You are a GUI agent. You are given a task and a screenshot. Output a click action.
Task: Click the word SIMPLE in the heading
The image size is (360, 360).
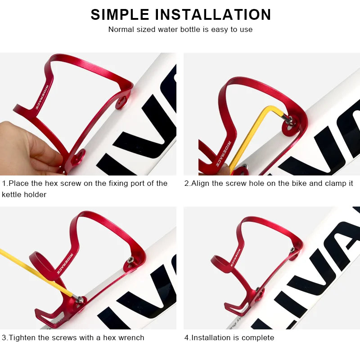pyautogui.click(x=120, y=14)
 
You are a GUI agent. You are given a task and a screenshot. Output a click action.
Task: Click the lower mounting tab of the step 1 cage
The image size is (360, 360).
pyautogui.click(x=79, y=157)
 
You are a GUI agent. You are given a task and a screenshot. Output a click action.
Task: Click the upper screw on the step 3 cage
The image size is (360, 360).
pyautogui.click(x=130, y=260)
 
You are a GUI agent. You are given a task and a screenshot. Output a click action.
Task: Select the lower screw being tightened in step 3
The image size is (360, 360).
pyautogui.click(x=79, y=299)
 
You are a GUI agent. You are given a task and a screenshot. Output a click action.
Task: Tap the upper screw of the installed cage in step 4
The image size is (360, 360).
pyautogui.click(x=292, y=249)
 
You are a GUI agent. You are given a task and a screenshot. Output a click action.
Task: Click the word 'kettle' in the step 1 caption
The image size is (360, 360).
pyautogui.click(x=13, y=194)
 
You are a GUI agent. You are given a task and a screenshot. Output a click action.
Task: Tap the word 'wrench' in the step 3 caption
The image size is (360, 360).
pyautogui.click(x=132, y=337)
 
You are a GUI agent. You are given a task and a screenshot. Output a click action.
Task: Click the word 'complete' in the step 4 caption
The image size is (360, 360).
pyautogui.click(x=258, y=337)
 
